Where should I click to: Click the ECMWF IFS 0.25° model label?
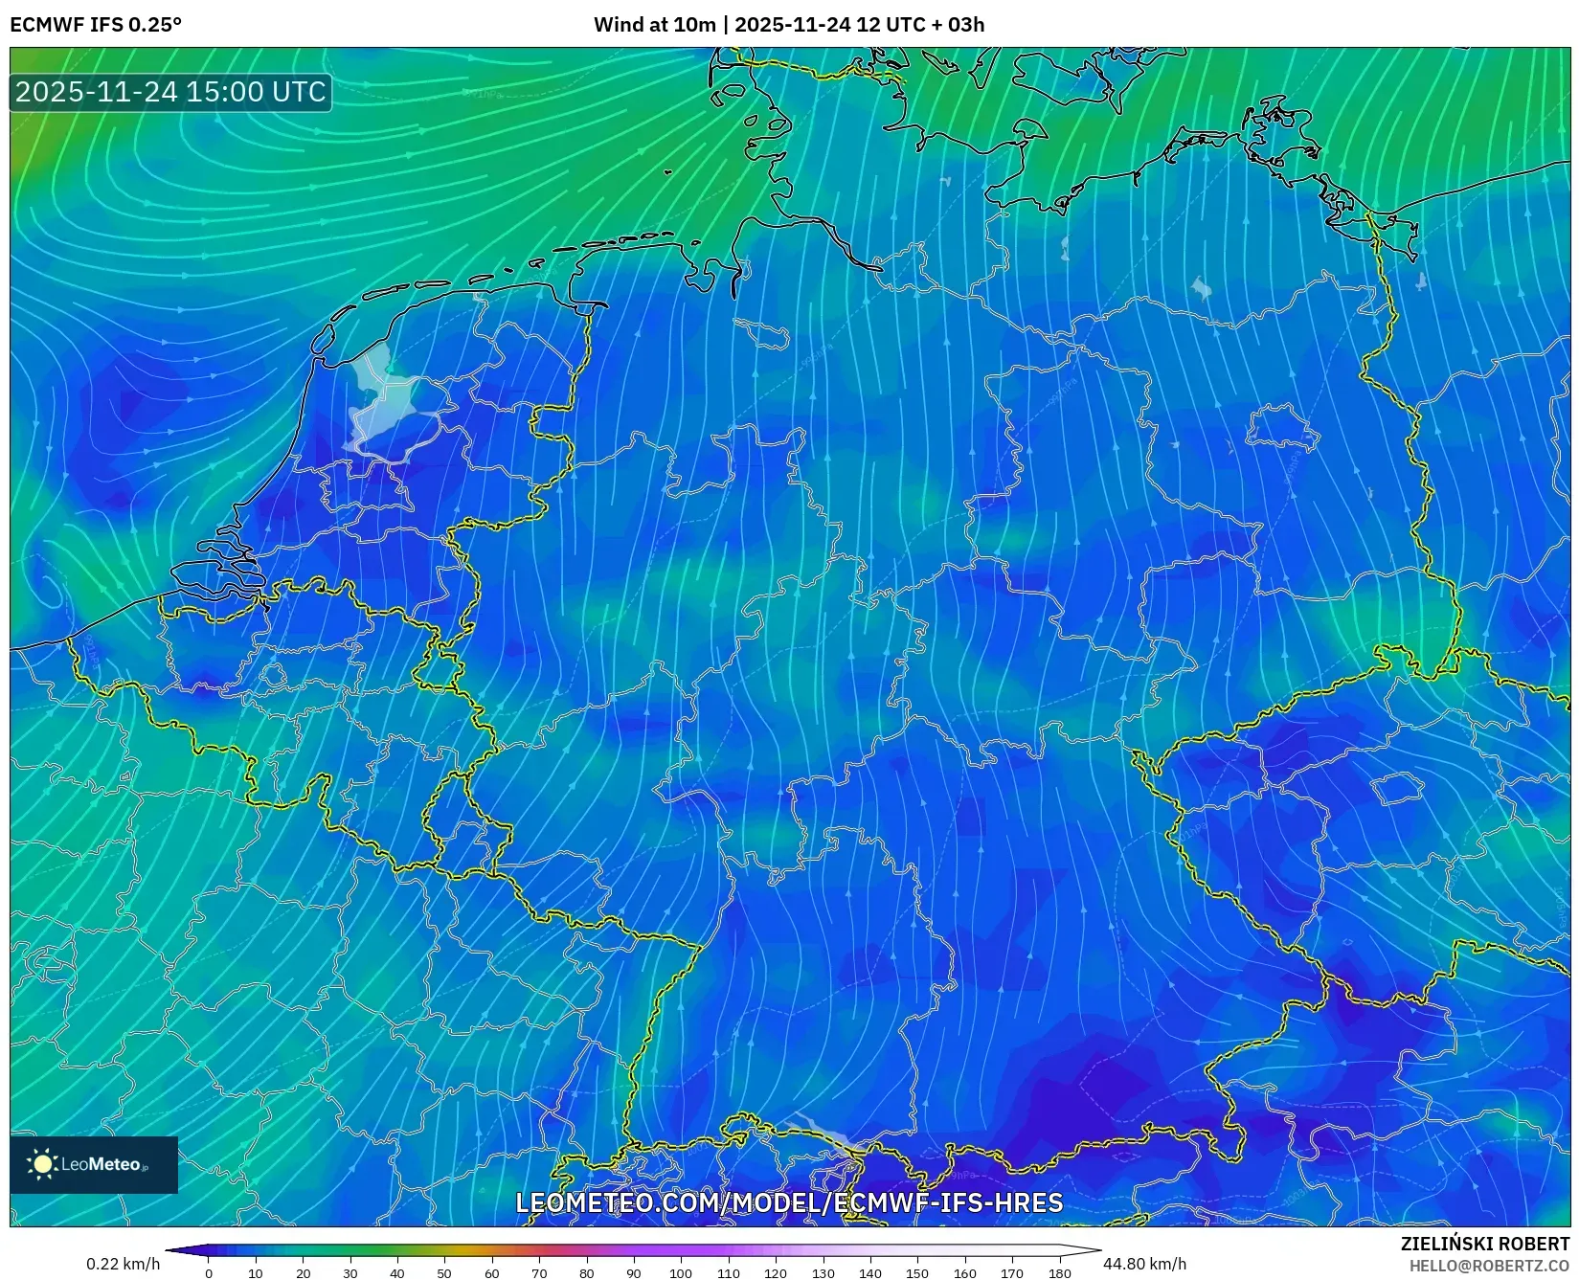tap(96, 25)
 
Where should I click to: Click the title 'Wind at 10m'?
tap(654, 25)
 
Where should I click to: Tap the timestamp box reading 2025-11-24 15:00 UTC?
tap(170, 92)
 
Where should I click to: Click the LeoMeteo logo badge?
tap(94, 1164)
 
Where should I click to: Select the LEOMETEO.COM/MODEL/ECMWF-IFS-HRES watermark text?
tap(789, 1202)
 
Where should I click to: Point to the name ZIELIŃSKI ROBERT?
tap(1484, 1244)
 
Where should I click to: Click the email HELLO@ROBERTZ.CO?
tap(1488, 1266)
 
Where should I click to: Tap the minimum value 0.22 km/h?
tap(123, 1264)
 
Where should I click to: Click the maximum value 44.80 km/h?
tap(1144, 1264)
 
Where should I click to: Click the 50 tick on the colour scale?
tap(444, 1272)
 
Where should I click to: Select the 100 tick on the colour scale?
tap(681, 1272)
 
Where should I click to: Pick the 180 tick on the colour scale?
tap(1059, 1272)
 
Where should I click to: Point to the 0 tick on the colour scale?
tap(209, 1272)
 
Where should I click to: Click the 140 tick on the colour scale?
tap(869, 1272)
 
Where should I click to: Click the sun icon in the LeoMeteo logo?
tap(42, 1164)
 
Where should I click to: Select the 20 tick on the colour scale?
tap(303, 1272)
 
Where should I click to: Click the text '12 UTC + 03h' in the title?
tap(919, 25)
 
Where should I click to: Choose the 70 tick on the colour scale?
tap(539, 1272)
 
